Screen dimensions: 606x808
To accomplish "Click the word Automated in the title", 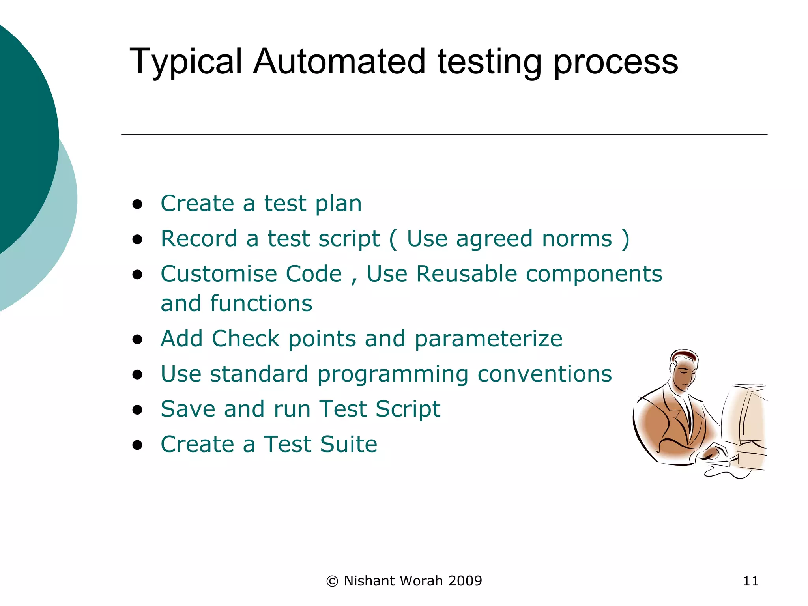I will [339, 62].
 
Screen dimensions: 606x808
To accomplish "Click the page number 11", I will [750, 581].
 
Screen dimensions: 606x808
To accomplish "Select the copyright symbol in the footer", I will [332, 581].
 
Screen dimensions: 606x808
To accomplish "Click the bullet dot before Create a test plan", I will [137, 204].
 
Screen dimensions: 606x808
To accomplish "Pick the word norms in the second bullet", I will [577, 239].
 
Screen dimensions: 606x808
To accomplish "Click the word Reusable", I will [466, 274].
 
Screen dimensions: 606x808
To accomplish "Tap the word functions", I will [261, 303].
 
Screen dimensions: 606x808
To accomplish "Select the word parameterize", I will [488, 339].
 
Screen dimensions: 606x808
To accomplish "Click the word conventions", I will [544, 374].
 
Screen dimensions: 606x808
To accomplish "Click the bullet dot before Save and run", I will [137, 410].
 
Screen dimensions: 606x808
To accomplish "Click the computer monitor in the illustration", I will [744, 418].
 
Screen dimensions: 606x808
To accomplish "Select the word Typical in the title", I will [185, 62].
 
